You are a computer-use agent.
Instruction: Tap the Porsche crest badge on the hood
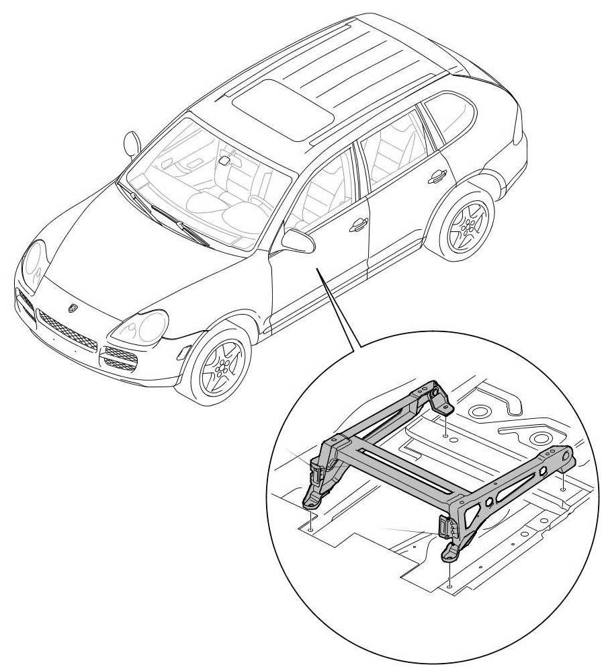(x=72, y=307)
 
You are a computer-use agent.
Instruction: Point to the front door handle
(x=358, y=225)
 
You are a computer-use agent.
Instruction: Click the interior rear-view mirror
(x=224, y=161)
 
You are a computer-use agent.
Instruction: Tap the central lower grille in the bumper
(x=67, y=330)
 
